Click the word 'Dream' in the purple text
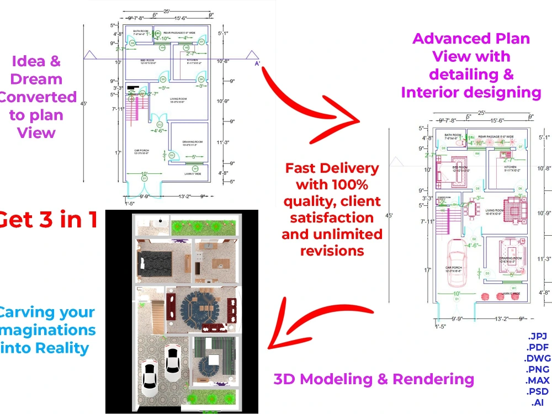36,79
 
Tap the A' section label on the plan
257,64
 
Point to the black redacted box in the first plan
132,87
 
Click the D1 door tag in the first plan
145,178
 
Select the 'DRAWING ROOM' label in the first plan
193,143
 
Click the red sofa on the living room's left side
171,306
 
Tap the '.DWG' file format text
538,358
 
